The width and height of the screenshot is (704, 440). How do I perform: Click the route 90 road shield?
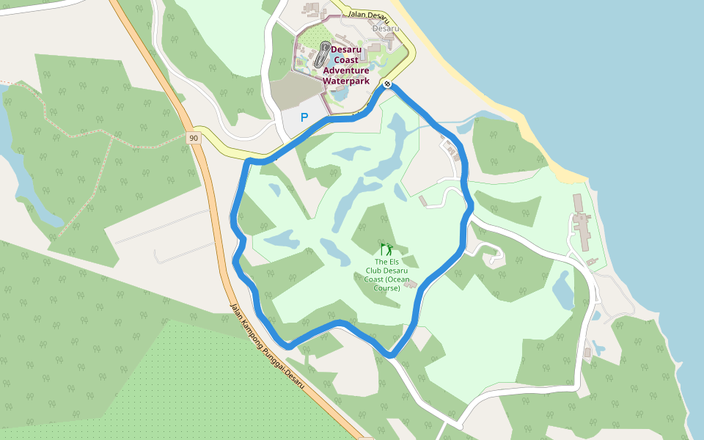click(x=193, y=138)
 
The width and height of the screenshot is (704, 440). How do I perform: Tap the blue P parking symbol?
click(x=304, y=117)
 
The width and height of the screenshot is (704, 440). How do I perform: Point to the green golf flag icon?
click(x=386, y=249)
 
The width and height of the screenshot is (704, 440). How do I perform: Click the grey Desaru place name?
click(x=386, y=29)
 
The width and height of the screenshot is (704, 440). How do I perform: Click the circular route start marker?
click(x=386, y=84)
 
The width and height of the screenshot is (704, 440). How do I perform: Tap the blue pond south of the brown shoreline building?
click(x=562, y=290)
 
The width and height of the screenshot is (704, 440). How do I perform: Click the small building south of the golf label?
click(x=411, y=285)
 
